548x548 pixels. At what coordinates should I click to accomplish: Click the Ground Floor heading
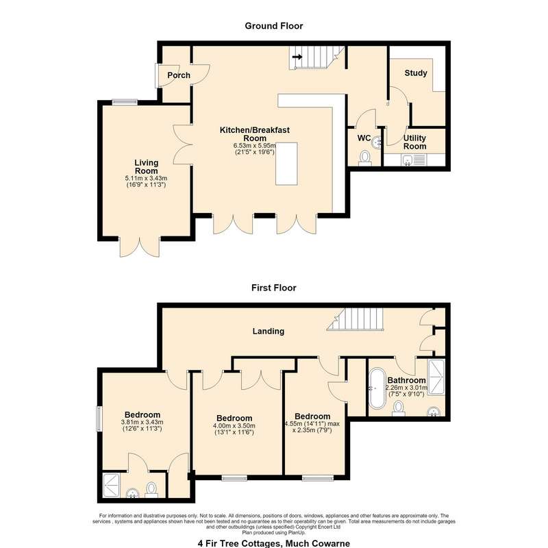click(273, 26)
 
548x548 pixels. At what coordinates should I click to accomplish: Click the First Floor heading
click(273, 288)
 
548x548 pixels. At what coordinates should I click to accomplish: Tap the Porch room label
click(179, 75)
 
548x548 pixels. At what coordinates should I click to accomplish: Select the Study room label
click(416, 73)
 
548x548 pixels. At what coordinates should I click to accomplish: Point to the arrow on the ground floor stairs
click(297, 57)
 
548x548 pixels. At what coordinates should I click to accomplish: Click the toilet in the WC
click(365, 158)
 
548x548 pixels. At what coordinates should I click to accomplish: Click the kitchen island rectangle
click(286, 164)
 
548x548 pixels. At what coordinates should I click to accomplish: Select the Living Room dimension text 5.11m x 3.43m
click(146, 178)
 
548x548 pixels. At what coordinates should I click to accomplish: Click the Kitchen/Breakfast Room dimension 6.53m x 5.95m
click(255, 145)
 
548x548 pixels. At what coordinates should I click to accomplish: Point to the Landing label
click(268, 331)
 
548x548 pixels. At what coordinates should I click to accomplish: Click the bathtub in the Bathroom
click(377, 388)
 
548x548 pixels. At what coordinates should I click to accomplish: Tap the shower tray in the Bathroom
click(436, 377)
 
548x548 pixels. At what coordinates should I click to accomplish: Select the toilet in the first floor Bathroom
click(399, 408)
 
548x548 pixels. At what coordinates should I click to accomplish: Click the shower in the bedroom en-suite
click(112, 485)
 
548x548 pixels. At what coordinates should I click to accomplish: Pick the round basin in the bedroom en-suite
click(132, 493)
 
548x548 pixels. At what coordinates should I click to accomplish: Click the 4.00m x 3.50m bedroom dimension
click(234, 425)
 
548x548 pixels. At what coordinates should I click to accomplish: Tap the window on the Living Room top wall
click(125, 101)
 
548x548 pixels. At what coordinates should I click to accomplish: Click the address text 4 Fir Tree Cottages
click(240, 543)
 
